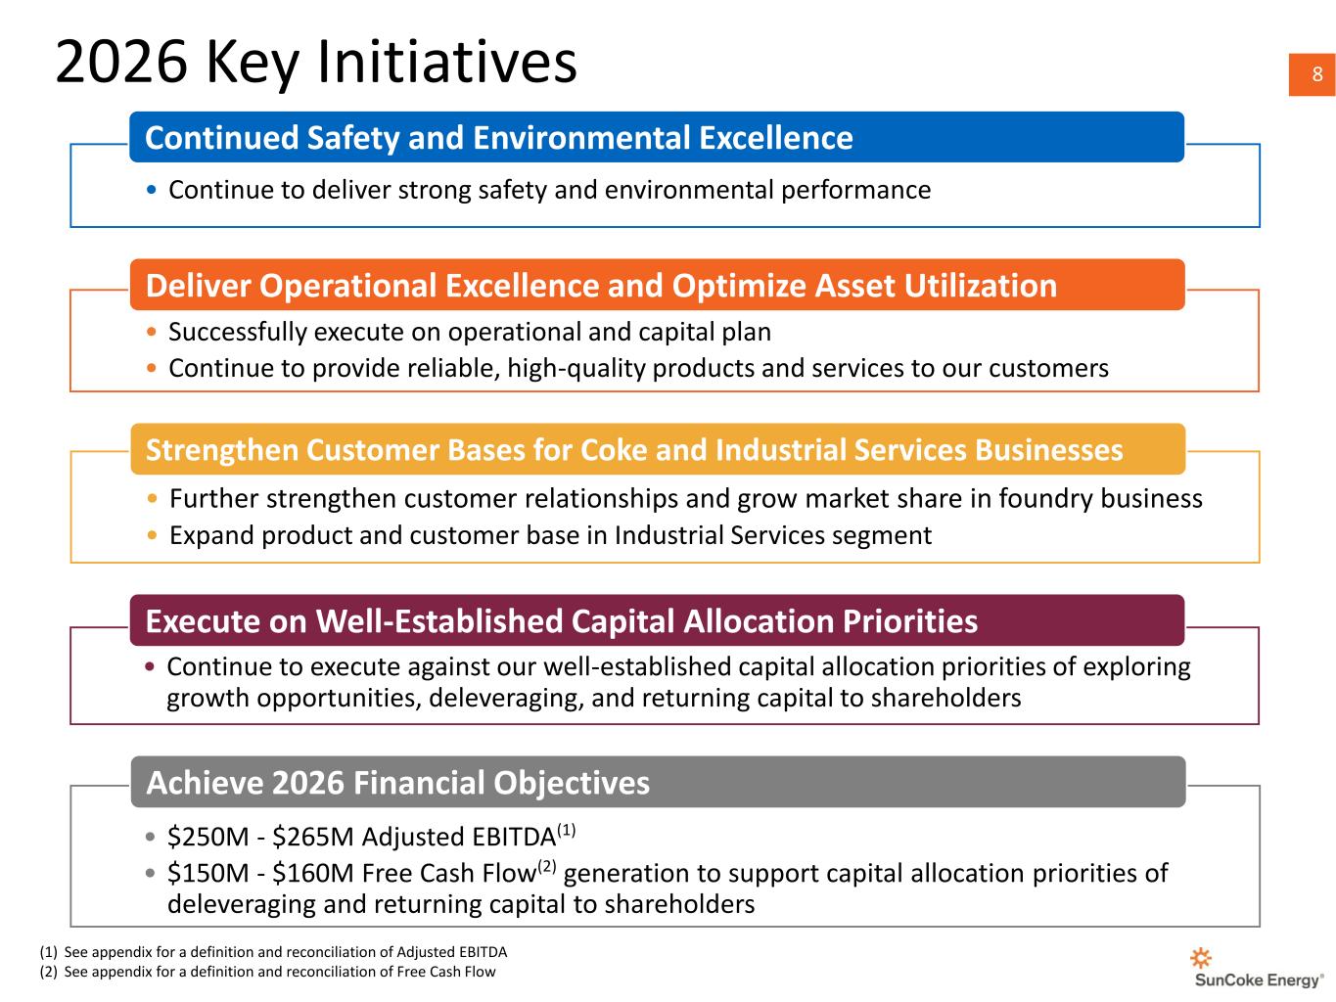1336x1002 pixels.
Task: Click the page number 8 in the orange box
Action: click(x=1317, y=74)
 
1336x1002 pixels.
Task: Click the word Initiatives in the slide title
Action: click(x=447, y=62)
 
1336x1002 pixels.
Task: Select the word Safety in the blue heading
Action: click(x=353, y=139)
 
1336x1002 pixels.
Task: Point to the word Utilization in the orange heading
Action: click(x=980, y=286)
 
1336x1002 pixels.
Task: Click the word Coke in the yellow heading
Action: click(x=614, y=450)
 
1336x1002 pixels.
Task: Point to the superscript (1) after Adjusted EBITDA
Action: click(x=566, y=830)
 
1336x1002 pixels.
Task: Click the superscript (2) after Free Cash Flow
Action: click(x=546, y=866)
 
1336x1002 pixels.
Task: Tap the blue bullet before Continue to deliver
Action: click(x=152, y=190)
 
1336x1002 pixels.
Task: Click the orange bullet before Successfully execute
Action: click(x=152, y=332)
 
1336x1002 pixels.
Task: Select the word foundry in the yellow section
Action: click(x=1045, y=499)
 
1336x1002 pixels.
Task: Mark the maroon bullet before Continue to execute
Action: click(x=150, y=666)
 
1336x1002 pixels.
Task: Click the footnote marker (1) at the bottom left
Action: click(x=48, y=952)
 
